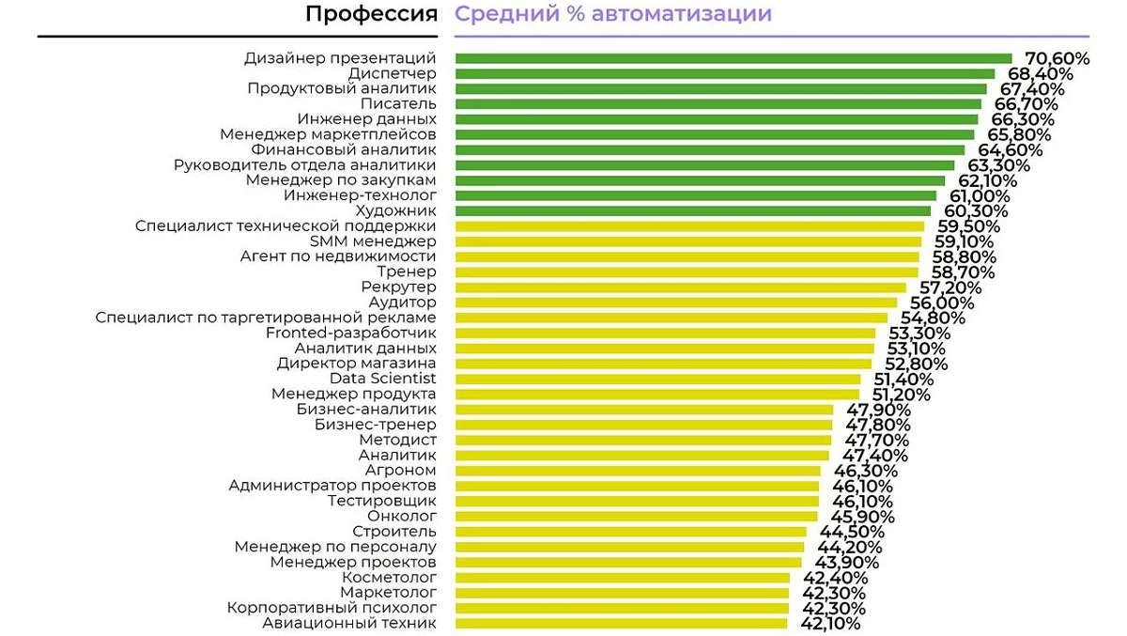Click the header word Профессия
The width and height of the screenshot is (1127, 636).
pos(371,14)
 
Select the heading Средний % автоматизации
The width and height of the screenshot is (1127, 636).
pos(613,14)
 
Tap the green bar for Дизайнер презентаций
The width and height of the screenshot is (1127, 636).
pos(733,58)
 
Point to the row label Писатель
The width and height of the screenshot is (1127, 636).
pos(398,104)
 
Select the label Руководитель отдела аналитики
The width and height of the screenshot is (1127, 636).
pos(305,165)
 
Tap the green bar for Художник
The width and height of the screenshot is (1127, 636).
pos(694,210)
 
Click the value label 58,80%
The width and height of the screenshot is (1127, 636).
pos(964,256)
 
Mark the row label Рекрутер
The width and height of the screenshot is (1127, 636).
pos(398,287)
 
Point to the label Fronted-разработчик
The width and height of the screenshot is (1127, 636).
pos(351,333)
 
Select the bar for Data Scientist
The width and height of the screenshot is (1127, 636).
pos(657,379)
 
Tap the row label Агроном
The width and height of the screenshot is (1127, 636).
pos(400,470)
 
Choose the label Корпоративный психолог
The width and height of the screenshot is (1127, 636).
pos(332,608)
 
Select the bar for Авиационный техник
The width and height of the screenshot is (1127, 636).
pos(621,623)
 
